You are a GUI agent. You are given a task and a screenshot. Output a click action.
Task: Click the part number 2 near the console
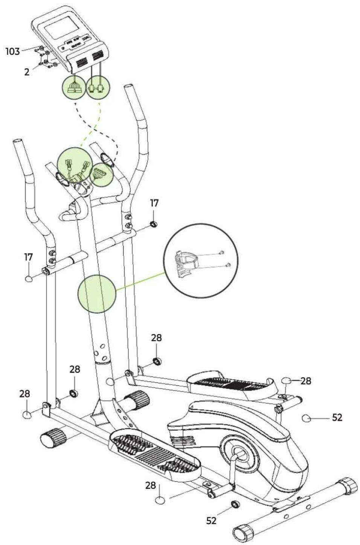click(27, 72)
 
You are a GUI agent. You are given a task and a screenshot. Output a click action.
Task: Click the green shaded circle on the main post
click(96, 294)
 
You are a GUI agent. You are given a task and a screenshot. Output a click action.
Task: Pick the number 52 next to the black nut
click(212, 520)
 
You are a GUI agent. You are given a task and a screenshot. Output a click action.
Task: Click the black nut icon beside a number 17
click(154, 224)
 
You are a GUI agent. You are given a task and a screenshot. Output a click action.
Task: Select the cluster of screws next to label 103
click(46, 58)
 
